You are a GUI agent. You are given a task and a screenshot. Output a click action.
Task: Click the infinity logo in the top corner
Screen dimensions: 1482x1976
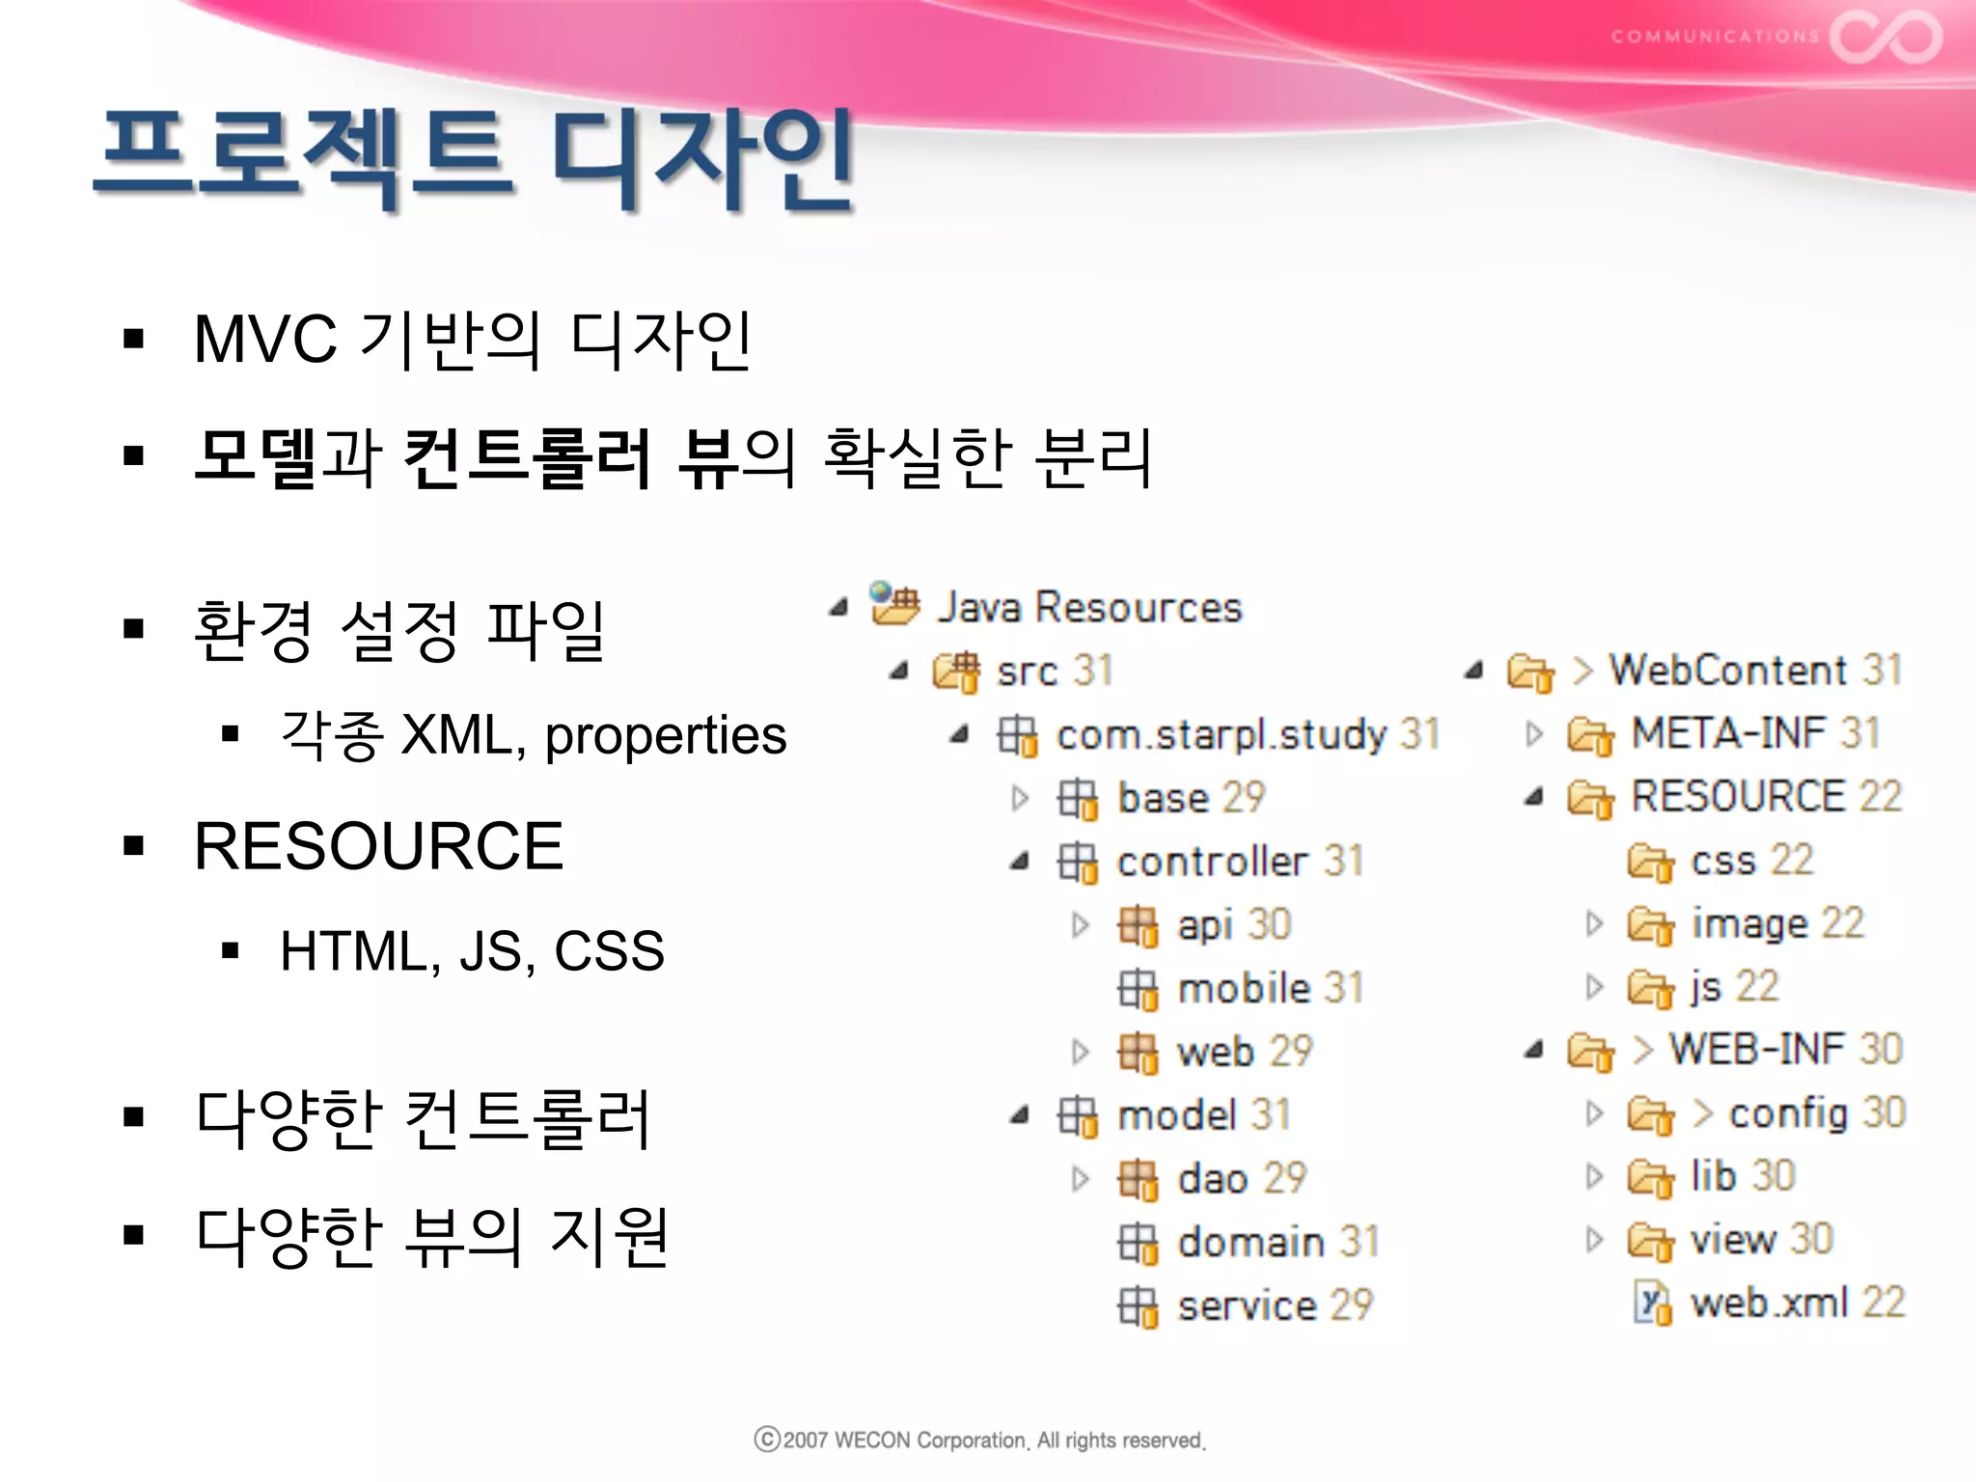click(x=1886, y=37)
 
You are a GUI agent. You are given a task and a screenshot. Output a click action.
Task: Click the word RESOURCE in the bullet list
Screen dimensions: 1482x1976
click(x=378, y=846)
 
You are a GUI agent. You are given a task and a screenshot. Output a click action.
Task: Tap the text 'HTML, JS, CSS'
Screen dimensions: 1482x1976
click(x=472, y=951)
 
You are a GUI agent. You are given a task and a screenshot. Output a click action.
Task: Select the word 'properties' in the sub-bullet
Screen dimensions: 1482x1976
click(x=665, y=735)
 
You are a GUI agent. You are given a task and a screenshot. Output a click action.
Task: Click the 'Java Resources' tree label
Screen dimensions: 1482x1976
click(x=1089, y=608)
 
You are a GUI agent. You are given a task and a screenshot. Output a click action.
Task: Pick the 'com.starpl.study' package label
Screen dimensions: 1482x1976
click(x=1221, y=735)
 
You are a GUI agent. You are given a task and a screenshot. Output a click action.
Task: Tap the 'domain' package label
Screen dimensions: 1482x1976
click(x=1251, y=1243)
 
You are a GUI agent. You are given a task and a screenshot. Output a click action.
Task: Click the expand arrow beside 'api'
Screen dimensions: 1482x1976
click(x=1081, y=925)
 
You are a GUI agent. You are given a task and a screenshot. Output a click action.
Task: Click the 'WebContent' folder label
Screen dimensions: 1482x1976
click(x=1727, y=671)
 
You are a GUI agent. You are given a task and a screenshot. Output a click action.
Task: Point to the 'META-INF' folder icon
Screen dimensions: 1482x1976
click(x=1590, y=735)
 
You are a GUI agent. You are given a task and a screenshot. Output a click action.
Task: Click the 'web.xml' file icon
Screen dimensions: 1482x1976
click(x=1652, y=1304)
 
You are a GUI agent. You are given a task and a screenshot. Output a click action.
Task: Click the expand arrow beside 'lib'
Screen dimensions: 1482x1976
click(x=1594, y=1176)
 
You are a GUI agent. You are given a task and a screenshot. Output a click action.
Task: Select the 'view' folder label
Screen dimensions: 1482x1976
click(x=1733, y=1240)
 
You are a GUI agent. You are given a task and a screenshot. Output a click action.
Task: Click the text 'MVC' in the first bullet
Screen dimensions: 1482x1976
click(x=265, y=340)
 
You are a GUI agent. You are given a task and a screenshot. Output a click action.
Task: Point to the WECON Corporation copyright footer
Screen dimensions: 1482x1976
click(x=979, y=1441)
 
